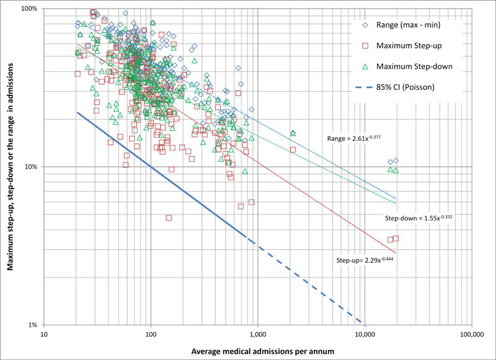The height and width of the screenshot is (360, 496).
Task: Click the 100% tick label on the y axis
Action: click(29, 9)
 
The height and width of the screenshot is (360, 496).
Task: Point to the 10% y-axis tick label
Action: click(31, 167)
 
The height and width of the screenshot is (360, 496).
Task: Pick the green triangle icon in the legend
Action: click(366, 66)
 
